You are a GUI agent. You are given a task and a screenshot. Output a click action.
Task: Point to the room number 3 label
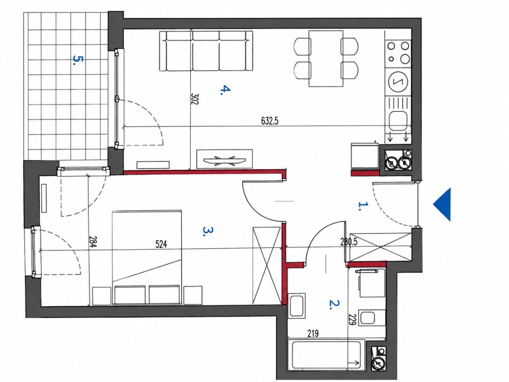click(x=208, y=231)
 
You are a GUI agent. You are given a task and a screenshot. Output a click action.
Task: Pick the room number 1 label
click(x=363, y=206)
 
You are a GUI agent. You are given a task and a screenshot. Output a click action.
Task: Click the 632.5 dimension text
click(x=270, y=121)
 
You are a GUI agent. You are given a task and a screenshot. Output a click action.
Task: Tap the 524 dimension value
click(x=161, y=244)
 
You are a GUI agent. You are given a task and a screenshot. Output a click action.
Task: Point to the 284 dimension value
click(x=93, y=242)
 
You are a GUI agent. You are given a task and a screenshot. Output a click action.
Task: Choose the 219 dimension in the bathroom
click(x=313, y=333)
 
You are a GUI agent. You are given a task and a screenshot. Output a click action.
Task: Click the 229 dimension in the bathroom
click(x=353, y=320)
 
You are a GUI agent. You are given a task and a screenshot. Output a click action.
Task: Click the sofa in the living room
click(x=206, y=51)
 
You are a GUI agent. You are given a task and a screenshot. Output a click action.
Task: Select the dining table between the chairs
click(x=326, y=58)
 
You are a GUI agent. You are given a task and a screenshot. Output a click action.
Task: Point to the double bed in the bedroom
click(x=147, y=257)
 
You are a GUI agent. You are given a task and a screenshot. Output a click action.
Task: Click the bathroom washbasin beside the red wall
click(x=297, y=306)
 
